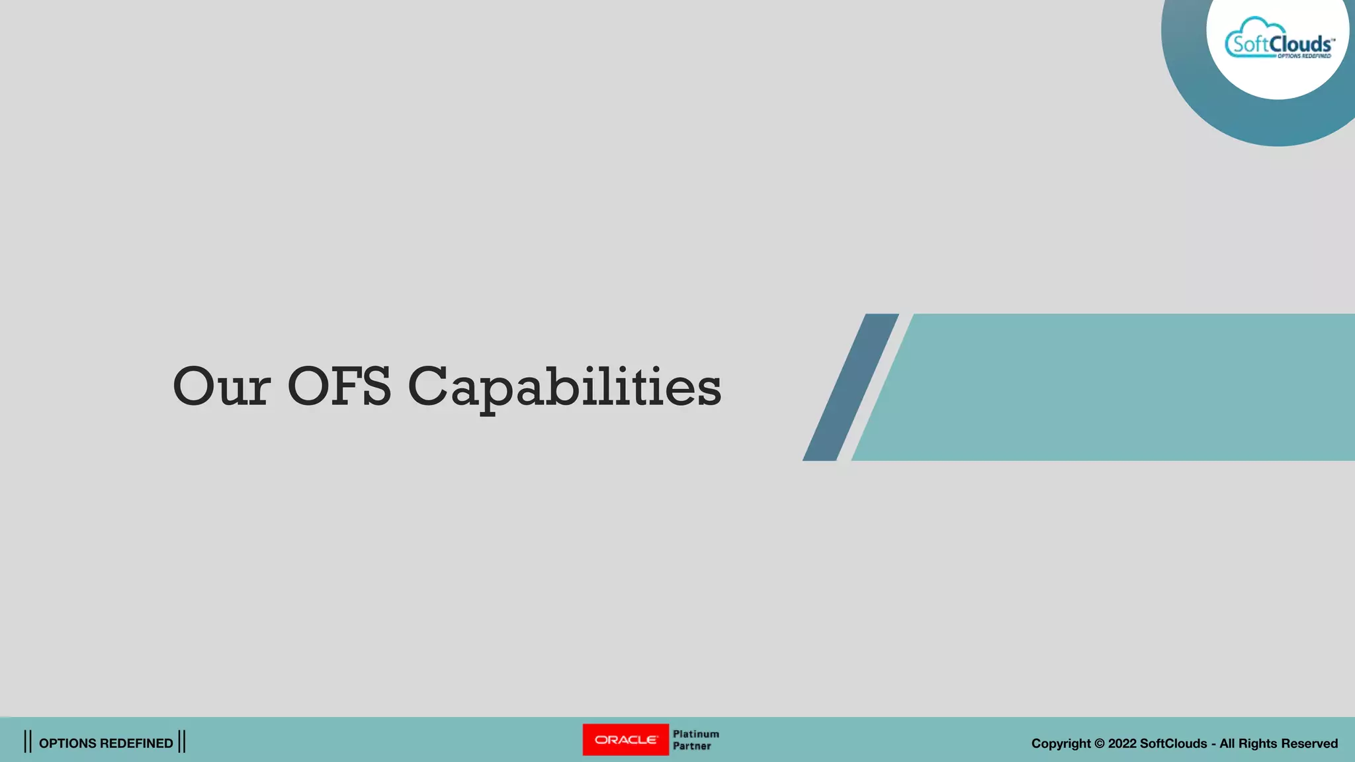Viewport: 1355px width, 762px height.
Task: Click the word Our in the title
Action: pyautogui.click(x=221, y=386)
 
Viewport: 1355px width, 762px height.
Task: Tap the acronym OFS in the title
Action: pyautogui.click(x=339, y=386)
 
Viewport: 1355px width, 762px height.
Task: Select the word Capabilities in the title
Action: pyautogui.click(x=564, y=388)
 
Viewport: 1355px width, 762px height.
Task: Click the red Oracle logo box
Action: pyautogui.click(x=625, y=740)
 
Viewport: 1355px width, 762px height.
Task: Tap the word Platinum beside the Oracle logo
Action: pyautogui.click(x=696, y=734)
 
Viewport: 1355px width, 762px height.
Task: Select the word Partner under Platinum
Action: pyautogui.click(x=692, y=746)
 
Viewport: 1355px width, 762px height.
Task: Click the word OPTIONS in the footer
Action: pyautogui.click(x=67, y=743)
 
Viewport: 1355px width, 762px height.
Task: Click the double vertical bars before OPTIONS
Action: pyautogui.click(x=28, y=741)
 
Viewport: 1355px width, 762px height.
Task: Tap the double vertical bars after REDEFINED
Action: pyautogui.click(x=182, y=741)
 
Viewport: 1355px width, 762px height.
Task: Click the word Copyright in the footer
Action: pyautogui.click(x=1061, y=743)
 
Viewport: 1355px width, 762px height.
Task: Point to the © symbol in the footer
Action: pyautogui.click(x=1100, y=743)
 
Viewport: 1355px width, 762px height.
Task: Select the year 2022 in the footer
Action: pyautogui.click(x=1122, y=743)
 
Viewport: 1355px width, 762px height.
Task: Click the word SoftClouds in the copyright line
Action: pyautogui.click(x=1173, y=743)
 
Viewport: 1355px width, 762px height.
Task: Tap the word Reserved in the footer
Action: pyautogui.click(x=1309, y=743)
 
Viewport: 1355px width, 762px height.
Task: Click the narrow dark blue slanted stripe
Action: pyautogui.click(x=851, y=387)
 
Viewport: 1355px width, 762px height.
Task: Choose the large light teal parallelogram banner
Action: pyautogui.click(x=1112, y=387)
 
